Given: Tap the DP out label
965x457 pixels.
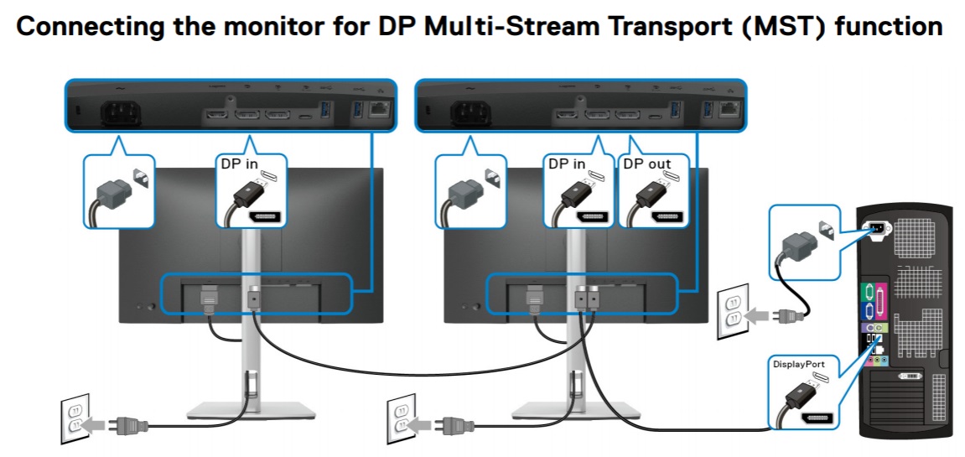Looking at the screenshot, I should tap(646, 164).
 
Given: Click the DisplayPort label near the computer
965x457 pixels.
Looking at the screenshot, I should tap(798, 365).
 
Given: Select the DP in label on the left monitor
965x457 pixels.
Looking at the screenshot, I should tap(240, 164).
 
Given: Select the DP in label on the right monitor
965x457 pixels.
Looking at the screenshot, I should tap(567, 164).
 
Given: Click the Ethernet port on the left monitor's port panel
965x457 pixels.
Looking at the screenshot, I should tap(380, 108).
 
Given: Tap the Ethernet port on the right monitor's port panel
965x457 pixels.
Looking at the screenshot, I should tap(729, 108).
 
